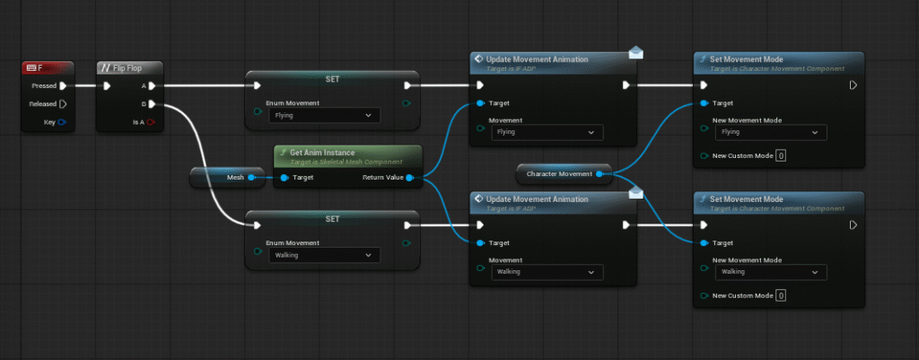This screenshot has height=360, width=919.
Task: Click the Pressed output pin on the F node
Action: coord(63,86)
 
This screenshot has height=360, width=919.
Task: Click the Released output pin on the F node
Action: coord(63,104)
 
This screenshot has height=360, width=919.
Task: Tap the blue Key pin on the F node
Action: coord(63,122)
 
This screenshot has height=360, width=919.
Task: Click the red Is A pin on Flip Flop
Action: coord(152,122)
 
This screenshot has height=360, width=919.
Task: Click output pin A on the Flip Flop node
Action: coord(152,86)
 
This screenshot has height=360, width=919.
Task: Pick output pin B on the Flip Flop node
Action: coord(152,104)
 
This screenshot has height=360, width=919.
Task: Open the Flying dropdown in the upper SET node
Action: coord(324,115)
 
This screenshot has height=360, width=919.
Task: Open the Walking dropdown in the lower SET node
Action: coord(324,255)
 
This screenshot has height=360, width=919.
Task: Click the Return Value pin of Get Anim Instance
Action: coord(409,178)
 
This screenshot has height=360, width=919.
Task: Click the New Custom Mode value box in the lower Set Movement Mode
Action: coord(781,295)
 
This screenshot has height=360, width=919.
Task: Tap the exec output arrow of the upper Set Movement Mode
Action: coord(853,86)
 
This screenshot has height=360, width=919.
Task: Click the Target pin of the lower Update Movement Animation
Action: coord(480,242)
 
